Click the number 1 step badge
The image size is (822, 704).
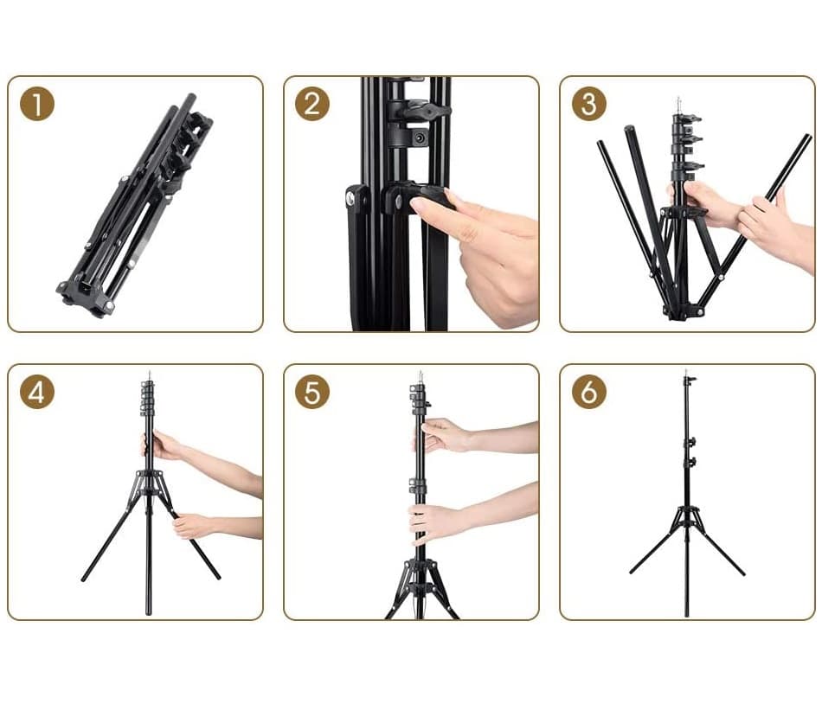pyautogui.click(x=37, y=104)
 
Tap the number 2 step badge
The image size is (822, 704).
pyautogui.click(x=312, y=104)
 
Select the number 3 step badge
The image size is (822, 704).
pyautogui.click(x=588, y=104)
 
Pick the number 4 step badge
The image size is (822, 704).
pyautogui.click(x=37, y=392)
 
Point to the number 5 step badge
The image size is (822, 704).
pyautogui.click(x=312, y=392)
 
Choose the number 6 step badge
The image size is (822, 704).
pyautogui.click(x=588, y=392)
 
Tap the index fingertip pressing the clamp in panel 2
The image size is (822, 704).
pyautogui.click(x=417, y=205)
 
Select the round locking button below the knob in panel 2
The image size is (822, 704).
pyautogui.click(x=420, y=138)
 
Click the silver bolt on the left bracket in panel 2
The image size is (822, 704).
pyautogui.click(x=350, y=197)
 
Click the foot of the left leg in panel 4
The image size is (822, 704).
pyautogui.click(x=84, y=579)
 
